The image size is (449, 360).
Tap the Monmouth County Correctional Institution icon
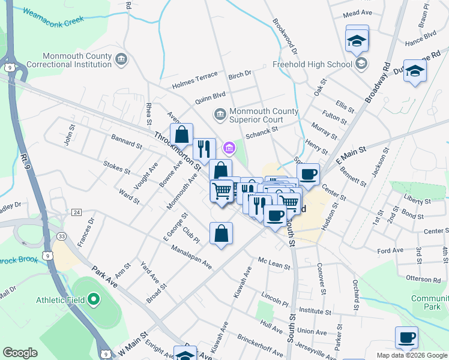[x=122, y=58]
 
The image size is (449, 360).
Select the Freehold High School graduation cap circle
[x=361, y=64]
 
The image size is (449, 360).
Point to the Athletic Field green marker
[x=93, y=299]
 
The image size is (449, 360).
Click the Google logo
[x=20, y=352]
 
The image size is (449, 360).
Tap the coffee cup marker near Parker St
[x=406, y=337]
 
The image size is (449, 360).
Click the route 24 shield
[x=76, y=212]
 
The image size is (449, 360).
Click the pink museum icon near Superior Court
[x=229, y=147]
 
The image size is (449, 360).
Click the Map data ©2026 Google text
[x=412, y=355]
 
